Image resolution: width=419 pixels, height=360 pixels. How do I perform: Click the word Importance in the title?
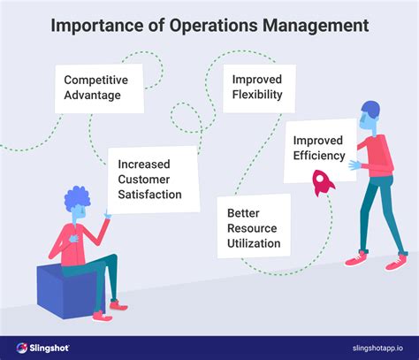(x=99, y=25)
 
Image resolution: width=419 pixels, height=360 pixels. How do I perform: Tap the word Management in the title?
(x=315, y=25)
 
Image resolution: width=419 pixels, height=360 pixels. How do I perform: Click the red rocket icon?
(x=321, y=183)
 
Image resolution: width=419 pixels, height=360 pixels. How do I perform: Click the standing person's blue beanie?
(x=370, y=111)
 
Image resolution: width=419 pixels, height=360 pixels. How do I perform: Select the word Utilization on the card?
(x=253, y=242)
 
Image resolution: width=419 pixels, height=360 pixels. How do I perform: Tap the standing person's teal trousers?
(x=371, y=217)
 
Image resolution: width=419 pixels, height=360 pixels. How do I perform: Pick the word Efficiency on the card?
(x=321, y=157)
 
